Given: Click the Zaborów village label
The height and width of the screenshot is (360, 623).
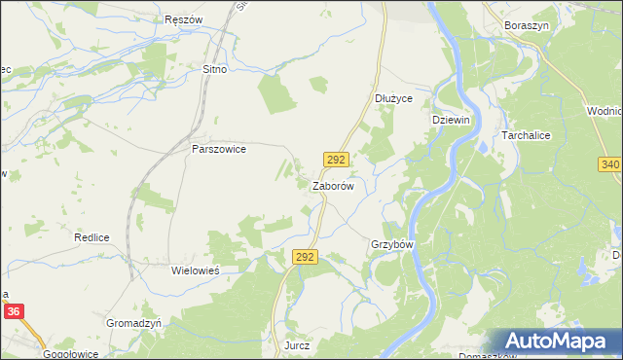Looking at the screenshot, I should pyautogui.click(x=338, y=185).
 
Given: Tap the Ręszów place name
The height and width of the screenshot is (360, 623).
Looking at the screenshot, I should pyautogui.click(x=183, y=19).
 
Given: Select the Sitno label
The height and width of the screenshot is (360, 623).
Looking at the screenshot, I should pyautogui.click(x=214, y=70).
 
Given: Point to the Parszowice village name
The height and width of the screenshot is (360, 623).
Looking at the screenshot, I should pyautogui.click(x=219, y=150).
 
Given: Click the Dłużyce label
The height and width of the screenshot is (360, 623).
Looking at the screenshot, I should pyautogui.click(x=394, y=98).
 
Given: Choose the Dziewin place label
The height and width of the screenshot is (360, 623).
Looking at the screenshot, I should pyautogui.click(x=451, y=119).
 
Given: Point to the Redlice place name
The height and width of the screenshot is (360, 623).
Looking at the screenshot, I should pyautogui.click(x=90, y=237).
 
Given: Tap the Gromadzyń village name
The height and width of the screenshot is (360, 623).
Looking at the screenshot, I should pyautogui.click(x=132, y=321).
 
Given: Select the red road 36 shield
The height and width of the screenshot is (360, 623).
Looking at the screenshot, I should pyautogui.click(x=13, y=311).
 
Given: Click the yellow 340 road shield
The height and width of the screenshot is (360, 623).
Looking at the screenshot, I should pyautogui.click(x=610, y=164).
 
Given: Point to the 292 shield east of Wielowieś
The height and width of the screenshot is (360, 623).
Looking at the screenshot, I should pyautogui.click(x=305, y=256).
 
